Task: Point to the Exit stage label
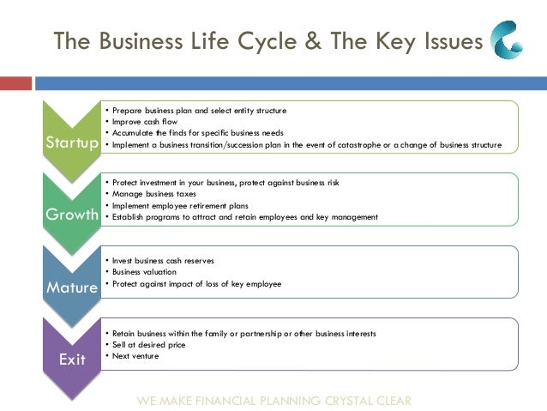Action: pyautogui.click(x=72, y=360)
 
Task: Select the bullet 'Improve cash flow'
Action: pyautogui.click(x=139, y=122)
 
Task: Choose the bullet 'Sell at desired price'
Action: pyautogui.click(x=141, y=344)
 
